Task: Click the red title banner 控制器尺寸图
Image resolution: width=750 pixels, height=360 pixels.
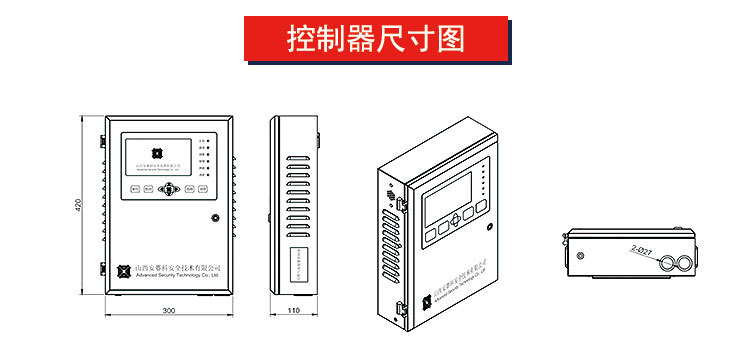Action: (375, 40)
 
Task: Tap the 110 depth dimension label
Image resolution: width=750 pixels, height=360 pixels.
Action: (294, 311)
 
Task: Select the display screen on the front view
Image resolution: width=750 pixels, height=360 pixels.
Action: (158, 157)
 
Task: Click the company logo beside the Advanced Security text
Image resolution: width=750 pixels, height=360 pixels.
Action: (123, 271)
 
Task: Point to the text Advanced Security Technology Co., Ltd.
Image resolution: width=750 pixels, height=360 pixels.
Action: (179, 277)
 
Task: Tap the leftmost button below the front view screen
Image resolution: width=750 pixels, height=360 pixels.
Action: (133, 187)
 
